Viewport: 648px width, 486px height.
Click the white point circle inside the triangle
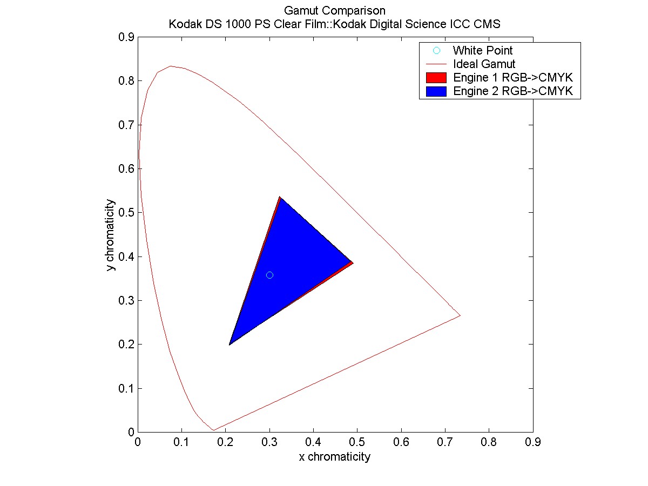(269, 275)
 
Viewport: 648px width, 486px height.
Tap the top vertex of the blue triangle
(280, 198)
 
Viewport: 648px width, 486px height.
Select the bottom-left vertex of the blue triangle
(230, 344)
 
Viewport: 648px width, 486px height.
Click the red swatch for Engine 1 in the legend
(436, 77)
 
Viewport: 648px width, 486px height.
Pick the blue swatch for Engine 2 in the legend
(436, 91)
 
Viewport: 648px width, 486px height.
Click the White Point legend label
(482, 51)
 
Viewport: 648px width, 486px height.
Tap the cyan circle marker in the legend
(437, 51)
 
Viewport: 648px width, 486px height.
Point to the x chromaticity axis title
(335, 457)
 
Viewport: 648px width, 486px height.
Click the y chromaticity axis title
(110, 235)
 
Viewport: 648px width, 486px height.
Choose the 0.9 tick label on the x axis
(532, 441)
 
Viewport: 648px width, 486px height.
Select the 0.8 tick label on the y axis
(128, 81)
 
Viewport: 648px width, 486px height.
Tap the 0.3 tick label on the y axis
(128, 301)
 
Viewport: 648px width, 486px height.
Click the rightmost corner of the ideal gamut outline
(460, 315)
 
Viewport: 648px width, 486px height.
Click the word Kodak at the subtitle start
(183, 24)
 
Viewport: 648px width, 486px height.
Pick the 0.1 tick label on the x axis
(181, 441)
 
